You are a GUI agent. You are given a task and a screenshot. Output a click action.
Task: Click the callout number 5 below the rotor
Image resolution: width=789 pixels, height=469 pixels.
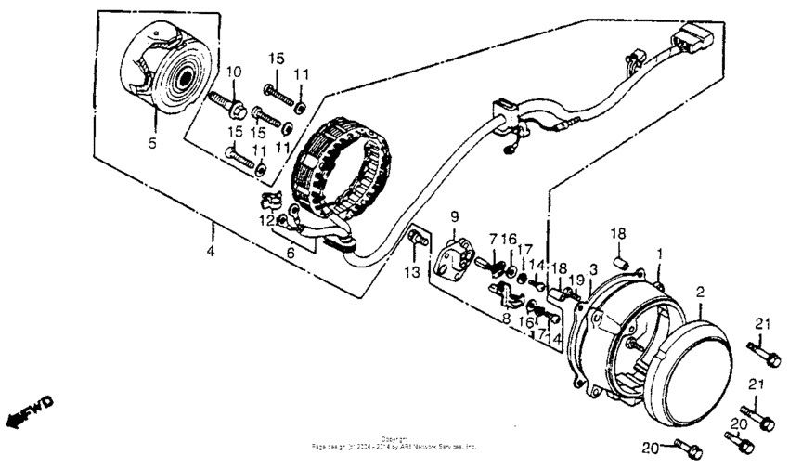[153, 144]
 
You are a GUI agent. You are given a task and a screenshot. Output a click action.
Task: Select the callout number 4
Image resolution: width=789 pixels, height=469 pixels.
[211, 252]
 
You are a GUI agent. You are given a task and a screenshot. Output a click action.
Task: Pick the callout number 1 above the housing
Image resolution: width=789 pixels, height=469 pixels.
[660, 252]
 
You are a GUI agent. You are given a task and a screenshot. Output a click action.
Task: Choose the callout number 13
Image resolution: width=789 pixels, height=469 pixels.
[413, 271]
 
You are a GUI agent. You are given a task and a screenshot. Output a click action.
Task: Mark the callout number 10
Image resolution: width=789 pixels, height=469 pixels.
[233, 72]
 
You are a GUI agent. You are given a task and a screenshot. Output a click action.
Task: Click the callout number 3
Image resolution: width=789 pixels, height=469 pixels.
[592, 268]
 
